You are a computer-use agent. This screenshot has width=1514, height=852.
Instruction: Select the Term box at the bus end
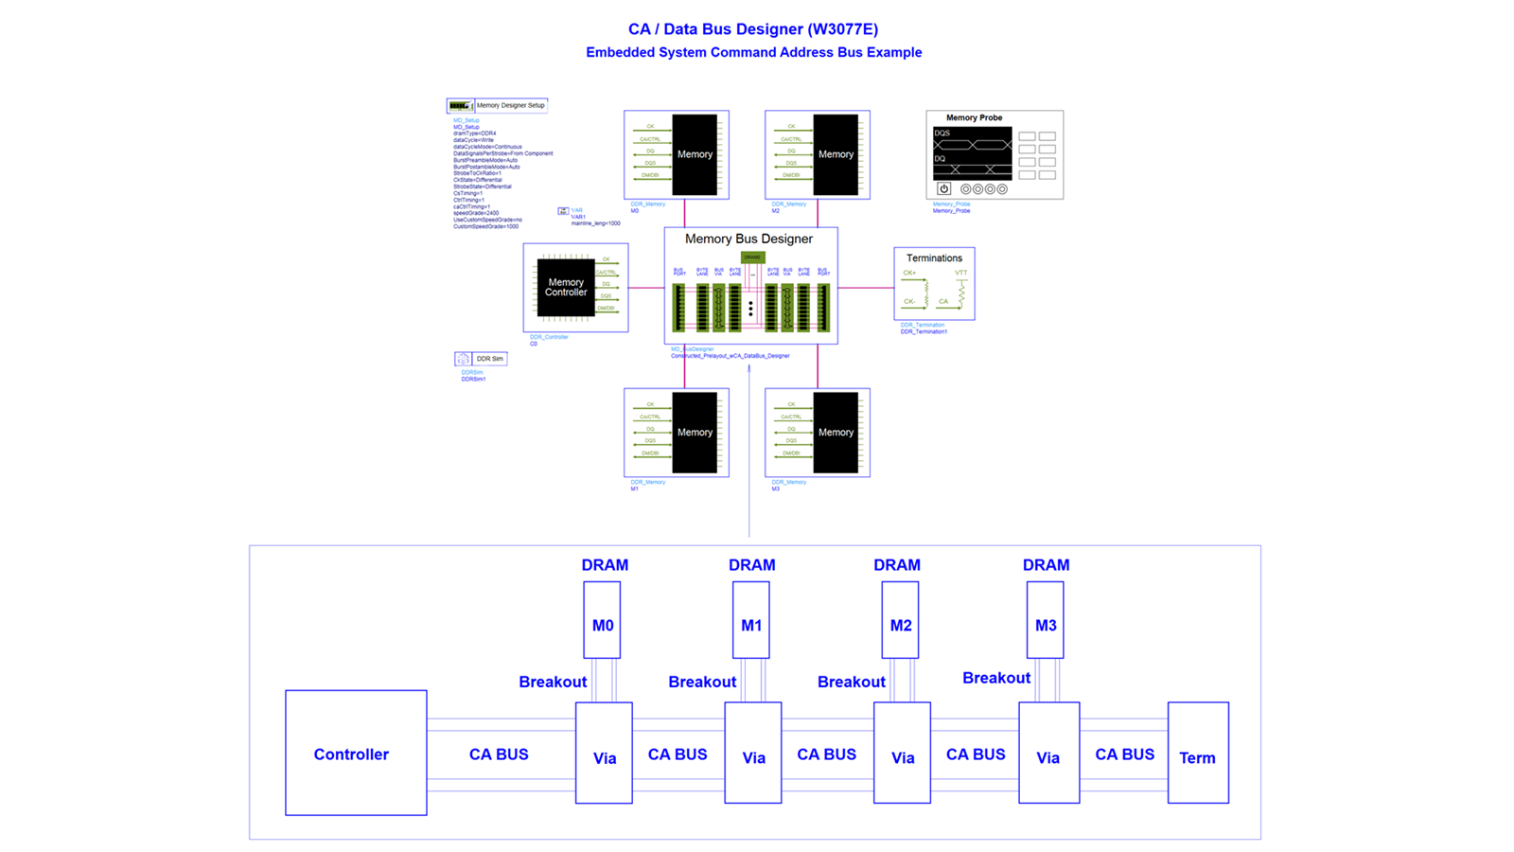pyautogui.click(x=1198, y=753)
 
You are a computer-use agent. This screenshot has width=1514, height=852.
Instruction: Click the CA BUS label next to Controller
pyautogui.click(x=499, y=754)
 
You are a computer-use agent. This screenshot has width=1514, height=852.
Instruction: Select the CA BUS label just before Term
pyautogui.click(x=1124, y=754)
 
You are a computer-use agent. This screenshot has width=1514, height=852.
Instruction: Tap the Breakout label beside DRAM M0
pyautogui.click(x=553, y=682)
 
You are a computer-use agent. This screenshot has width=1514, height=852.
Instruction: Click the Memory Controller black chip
pyautogui.click(x=566, y=287)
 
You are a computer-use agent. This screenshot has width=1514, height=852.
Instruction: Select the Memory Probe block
pyautogui.click(x=995, y=154)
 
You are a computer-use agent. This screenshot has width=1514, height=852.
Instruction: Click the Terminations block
pyautogui.click(x=934, y=284)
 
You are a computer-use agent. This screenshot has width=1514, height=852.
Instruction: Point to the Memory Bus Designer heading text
pyautogui.click(x=748, y=239)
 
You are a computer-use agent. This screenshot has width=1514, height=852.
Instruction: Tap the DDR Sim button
pyautogui.click(x=489, y=359)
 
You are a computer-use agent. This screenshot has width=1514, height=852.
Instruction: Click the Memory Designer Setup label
pyautogui.click(x=510, y=105)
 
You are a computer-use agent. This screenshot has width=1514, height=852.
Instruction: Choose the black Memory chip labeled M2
pyautogui.click(x=836, y=154)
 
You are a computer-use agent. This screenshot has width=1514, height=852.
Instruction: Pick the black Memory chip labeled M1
pyautogui.click(x=695, y=433)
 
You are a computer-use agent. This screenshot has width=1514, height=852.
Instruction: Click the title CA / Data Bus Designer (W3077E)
pyautogui.click(x=753, y=29)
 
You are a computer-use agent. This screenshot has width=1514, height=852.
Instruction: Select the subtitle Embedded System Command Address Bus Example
pyautogui.click(x=753, y=52)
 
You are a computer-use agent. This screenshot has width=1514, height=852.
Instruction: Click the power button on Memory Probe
pyautogui.click(x=943, y=188)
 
